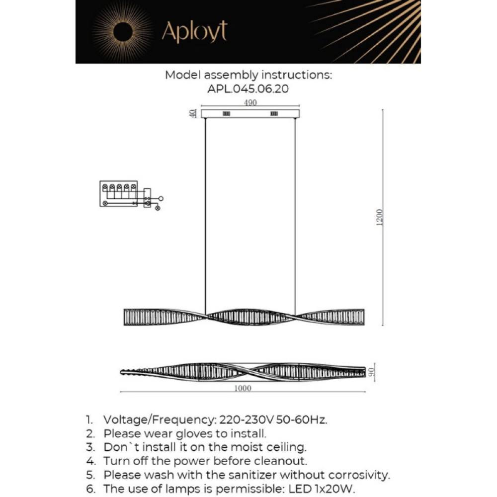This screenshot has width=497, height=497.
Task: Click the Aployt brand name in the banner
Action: coord(194,32)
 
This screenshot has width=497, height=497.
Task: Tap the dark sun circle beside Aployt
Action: coord(121,32)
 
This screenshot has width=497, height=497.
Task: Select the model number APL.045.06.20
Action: coord(248,89)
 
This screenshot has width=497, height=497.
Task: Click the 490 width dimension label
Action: coord(250,103)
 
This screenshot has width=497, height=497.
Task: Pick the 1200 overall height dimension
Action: coord(380,218)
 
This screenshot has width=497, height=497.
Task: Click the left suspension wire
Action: coord(206,214)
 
